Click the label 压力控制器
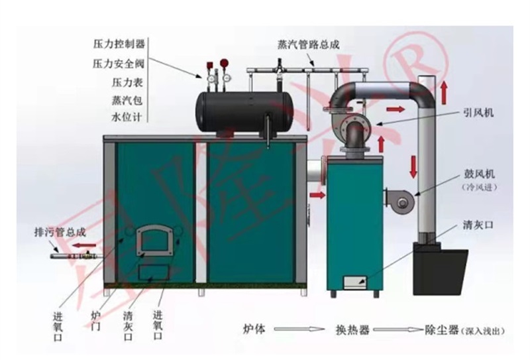119,44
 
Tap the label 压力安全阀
119,64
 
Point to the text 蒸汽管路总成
309,45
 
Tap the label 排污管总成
60,232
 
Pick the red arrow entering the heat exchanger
317,196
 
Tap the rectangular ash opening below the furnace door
152,272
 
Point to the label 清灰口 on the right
478,226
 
